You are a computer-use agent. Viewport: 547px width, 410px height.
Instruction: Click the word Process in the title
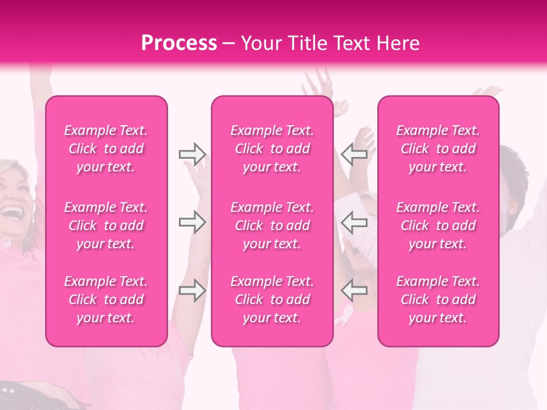[179, 43]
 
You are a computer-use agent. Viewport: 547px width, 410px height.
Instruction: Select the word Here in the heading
[397, 43]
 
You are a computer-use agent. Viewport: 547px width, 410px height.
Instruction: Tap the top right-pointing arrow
[192, 154]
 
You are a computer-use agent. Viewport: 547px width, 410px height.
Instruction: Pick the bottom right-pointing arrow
[192, 290]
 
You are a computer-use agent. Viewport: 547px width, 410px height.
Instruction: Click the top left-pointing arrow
[354, 154]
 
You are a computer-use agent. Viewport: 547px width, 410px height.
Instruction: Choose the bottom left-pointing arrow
[354, 290]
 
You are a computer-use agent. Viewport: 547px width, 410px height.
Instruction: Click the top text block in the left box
[106, 149]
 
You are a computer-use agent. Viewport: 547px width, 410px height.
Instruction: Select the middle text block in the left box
[106, 225]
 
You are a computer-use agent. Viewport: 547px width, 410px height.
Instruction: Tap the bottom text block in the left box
[106, 300]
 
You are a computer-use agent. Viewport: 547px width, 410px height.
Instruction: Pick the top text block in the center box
[272, 149]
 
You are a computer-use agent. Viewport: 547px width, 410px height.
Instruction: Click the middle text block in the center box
[272, 225]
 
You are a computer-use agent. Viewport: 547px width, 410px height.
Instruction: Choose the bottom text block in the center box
[272, 300]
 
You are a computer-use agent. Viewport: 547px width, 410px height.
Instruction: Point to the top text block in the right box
[438, 149]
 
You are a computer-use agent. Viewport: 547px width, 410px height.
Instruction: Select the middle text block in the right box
[438, 225]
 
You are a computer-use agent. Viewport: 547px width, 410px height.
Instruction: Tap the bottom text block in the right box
[438, 300]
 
